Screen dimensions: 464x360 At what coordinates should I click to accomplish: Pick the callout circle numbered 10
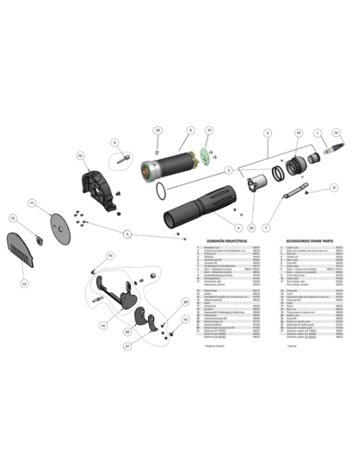coord(81,155)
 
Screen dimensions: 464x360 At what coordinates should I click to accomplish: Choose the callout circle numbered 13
coord(24,284)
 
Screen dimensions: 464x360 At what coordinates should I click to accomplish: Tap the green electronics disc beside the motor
coord(205,157)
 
